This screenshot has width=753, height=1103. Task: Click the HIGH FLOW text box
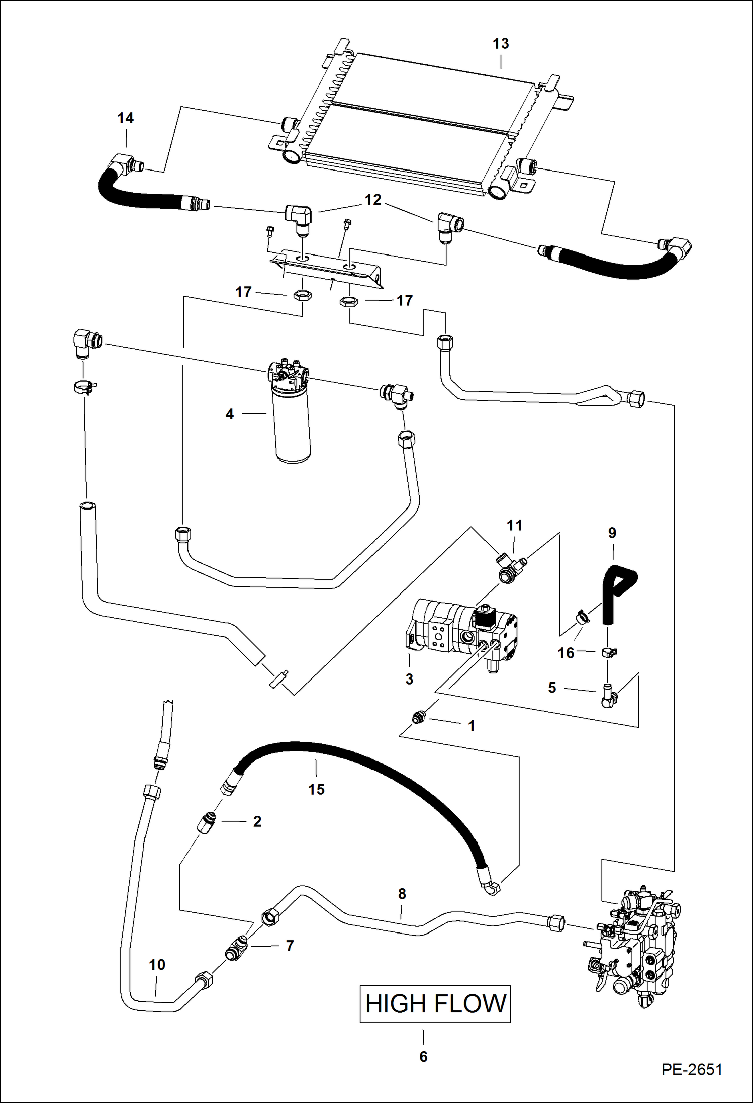435,1004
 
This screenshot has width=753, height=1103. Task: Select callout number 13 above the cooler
500,44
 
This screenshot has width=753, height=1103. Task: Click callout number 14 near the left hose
125,118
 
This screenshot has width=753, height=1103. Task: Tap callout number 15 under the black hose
316,789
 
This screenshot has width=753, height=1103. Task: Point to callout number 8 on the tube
402,894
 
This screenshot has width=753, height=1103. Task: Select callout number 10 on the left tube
157,965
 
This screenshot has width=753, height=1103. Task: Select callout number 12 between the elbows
372,200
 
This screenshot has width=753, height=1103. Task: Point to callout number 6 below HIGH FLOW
423,1056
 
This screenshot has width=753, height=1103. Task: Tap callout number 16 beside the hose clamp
566,653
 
